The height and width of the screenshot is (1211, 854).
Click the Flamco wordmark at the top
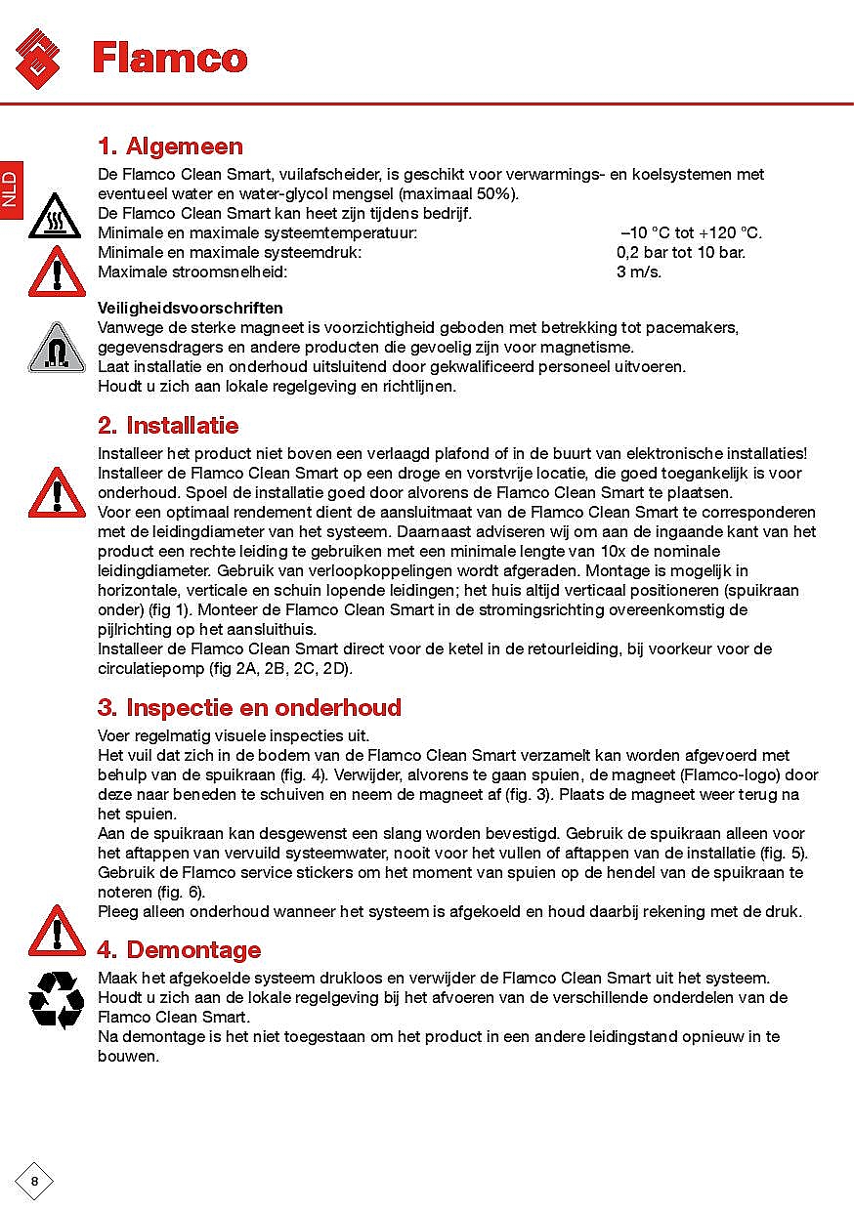[x=170, y=58]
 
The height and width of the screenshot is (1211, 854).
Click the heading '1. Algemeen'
[x=170, y=146]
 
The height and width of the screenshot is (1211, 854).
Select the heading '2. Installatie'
[x=168, y=426]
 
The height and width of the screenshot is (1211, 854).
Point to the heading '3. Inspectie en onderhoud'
[x=249, y=707]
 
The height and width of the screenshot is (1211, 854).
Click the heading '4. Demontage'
[x=179, y=950]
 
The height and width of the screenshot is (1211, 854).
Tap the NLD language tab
[x=10, y=188]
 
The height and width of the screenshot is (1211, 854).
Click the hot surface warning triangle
[x=56, y=218]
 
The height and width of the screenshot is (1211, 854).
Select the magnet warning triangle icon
[x=57, y=348]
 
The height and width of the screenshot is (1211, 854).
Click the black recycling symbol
[x=56, y=999]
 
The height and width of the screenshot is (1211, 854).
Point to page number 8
[x=34, y=1182]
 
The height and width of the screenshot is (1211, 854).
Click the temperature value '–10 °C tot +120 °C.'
[x=691, y=233]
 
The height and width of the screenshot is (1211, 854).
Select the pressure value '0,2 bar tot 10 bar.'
[x=680, y=252]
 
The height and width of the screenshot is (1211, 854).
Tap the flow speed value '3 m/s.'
[x=639, y=271]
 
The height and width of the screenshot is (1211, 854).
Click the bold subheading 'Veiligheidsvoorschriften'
[x=191, y=308]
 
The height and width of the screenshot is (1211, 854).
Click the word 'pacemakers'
[x=696, y=327]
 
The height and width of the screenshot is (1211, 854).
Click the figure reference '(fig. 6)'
[x=181, y=893]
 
